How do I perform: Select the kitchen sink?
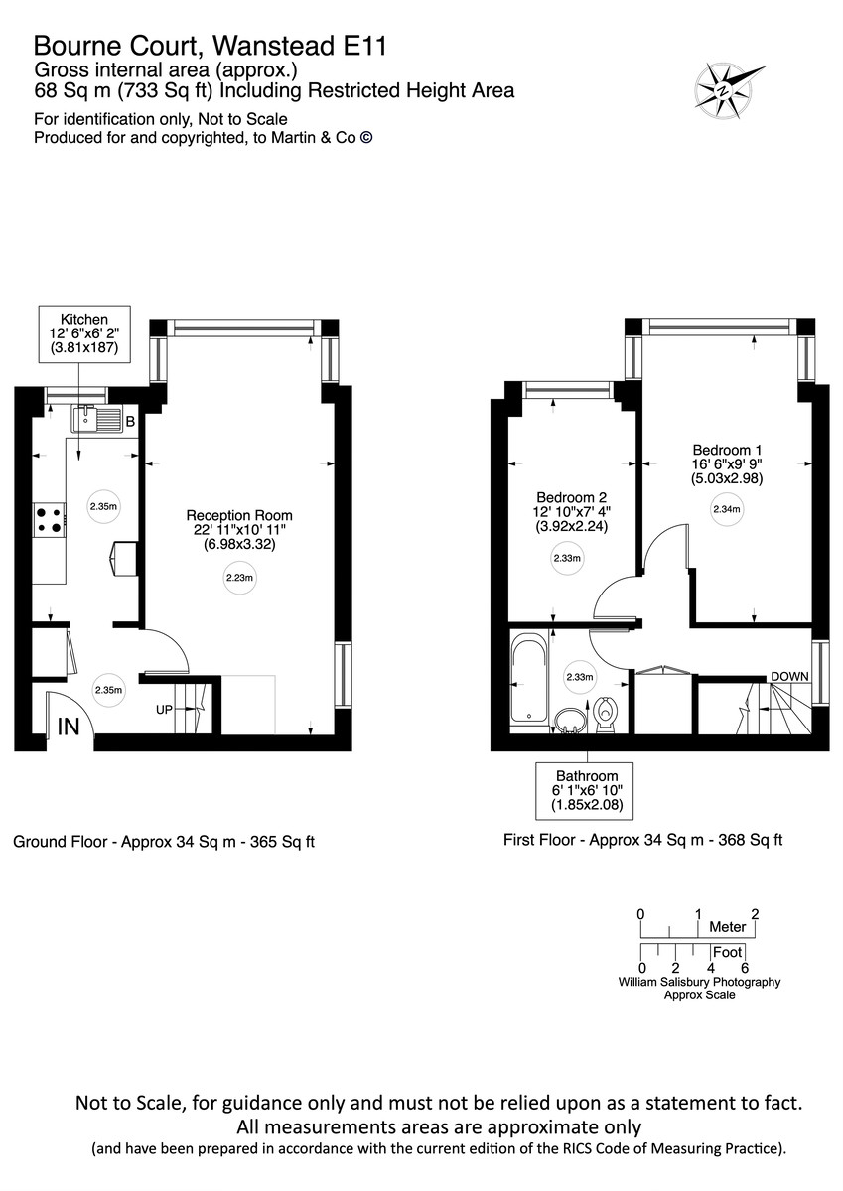click(x=94, y=421)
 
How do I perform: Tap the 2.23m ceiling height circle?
click(x=239, y=578)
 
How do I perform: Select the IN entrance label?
click(x=68, y=727)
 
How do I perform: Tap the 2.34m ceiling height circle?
click(x=726, y=510)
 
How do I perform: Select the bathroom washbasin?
click(x=570, y=719)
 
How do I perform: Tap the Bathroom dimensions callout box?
click(x=587, y=790)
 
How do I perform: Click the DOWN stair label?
click(x=789, y=676)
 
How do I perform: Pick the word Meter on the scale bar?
click(x=727, y=927)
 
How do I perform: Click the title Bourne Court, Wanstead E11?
click(x=210, y=45)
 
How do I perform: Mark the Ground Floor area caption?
click(x=163, y=842)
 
